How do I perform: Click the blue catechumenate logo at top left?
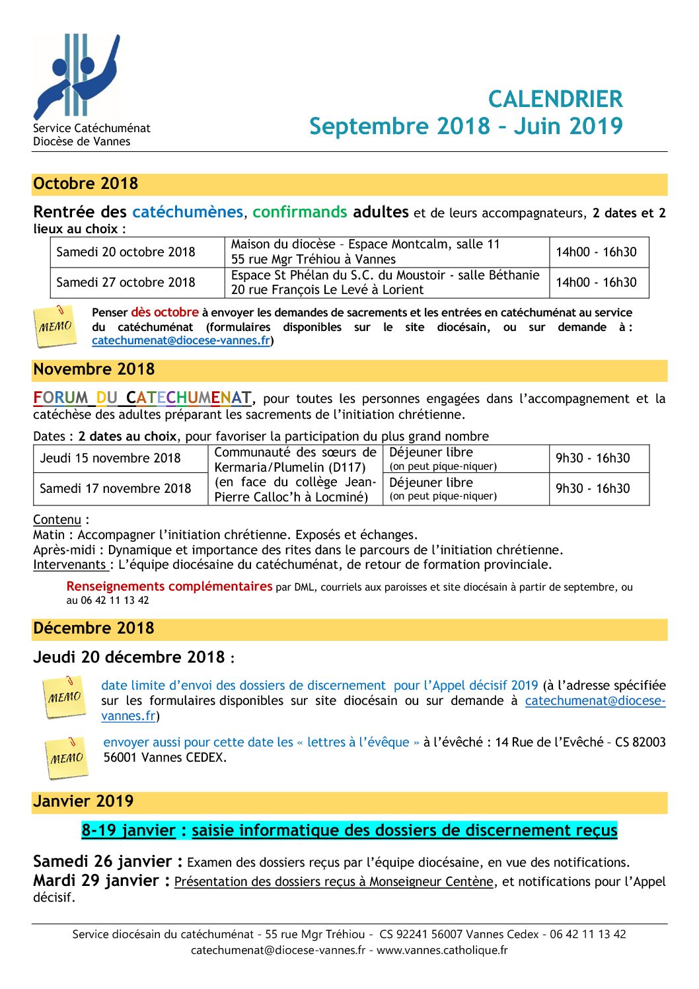(77, 77)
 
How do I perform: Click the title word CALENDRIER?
(555, 99)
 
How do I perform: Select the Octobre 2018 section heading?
(86, 184)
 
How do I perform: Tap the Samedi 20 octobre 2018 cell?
(126, 252)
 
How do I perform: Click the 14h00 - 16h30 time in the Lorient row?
(596, 282)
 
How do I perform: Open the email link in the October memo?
(181, 340)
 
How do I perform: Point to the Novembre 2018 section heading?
(94, 369)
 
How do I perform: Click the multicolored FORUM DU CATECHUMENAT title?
(143, 398)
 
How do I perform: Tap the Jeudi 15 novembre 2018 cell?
(110, 458)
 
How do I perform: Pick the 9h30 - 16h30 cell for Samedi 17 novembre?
(593, 488)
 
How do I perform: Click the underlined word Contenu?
(57, 520)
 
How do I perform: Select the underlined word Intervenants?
(70, 565)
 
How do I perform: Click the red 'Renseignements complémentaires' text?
(169, 586)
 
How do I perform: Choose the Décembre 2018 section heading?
(94, 628)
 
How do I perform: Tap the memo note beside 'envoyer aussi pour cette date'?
(66, 757)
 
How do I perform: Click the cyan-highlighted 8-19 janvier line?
(349, 830)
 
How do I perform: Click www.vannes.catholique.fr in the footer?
(442, 950)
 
